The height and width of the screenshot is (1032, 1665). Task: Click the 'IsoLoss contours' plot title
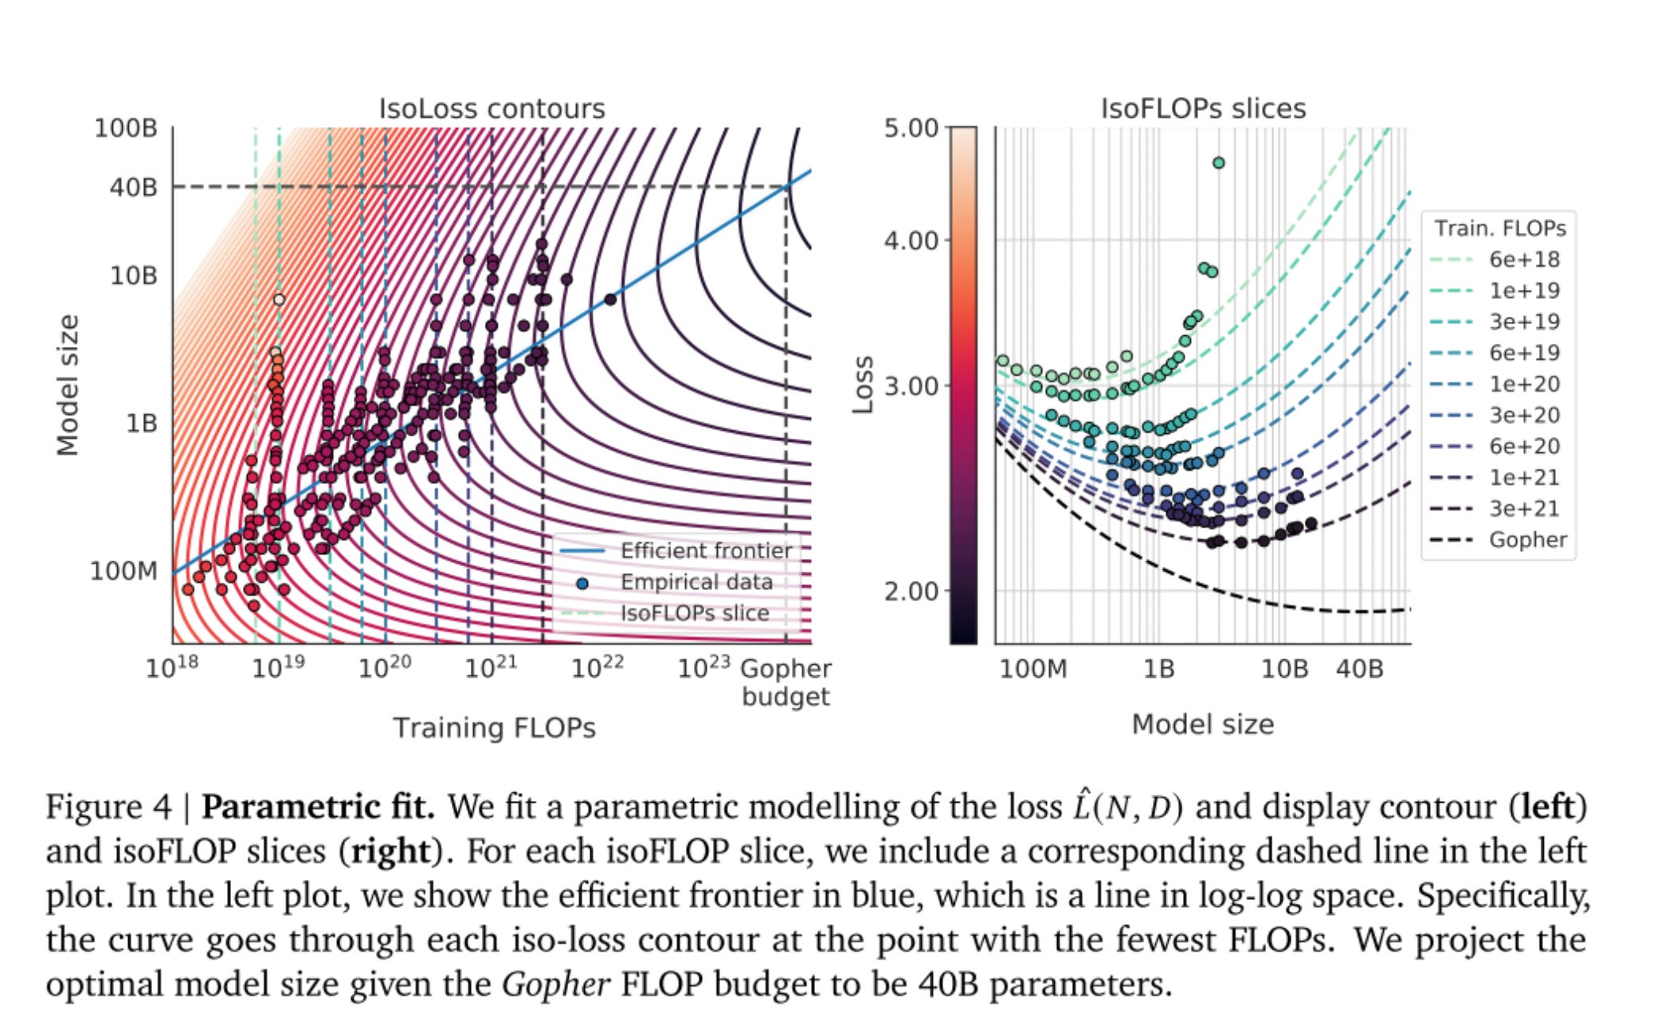click(x=492, y=108)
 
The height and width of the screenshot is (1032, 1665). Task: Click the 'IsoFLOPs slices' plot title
click(x=1202, y=108)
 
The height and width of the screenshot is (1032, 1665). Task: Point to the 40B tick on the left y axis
click(x=133, y=187)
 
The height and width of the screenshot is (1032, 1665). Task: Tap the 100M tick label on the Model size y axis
click(x=123, y=571)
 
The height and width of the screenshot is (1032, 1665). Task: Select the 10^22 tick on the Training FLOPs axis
click(x=597, y=666)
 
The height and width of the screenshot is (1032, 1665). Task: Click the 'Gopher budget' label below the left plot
click(x=785, y=682)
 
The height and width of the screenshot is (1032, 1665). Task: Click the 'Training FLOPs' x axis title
click(x=494, y=728)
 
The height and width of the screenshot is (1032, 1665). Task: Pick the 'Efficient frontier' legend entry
click(x=705, y=551)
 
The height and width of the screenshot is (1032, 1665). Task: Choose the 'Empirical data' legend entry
click(x=695, y=582)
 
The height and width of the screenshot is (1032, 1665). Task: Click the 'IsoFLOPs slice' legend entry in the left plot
click(x=694, y=613)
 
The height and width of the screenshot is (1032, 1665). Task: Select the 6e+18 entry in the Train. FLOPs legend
click(x=1523, y=260)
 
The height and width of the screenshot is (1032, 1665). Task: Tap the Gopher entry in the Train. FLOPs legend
click(x=1527, y=540)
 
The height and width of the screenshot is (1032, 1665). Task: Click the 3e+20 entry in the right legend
click(x=1523, y=416)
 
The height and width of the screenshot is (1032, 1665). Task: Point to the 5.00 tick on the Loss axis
click(x=911, y=128)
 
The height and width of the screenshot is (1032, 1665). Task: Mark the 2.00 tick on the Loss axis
click(x=911, y=592)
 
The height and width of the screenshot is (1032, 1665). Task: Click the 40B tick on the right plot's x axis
click(x=1359, y=669)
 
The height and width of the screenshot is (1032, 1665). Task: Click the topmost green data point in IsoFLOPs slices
click(x=1218, y=163)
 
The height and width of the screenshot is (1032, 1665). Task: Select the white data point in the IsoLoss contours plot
click(x=279, y=299)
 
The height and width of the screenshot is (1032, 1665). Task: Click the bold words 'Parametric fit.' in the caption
click(x=318, y=807)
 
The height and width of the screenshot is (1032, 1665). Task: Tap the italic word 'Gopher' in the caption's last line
click(x=555, y=985)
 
